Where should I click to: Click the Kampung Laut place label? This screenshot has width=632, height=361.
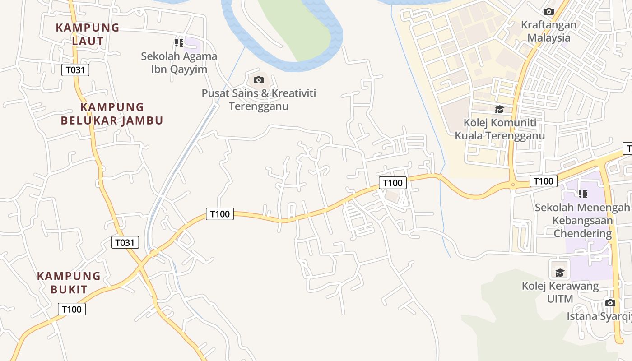88,34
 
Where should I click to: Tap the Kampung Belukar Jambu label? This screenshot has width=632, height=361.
112,114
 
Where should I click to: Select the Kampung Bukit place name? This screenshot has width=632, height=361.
69,282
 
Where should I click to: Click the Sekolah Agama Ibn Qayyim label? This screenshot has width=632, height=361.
179,63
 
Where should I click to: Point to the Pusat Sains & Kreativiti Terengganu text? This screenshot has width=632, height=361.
259,100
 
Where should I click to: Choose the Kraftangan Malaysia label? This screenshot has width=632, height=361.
549,31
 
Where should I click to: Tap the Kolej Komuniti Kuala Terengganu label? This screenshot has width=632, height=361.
500,129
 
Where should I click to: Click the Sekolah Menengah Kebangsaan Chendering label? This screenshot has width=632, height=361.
582,220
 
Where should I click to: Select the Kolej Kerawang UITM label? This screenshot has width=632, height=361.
560,292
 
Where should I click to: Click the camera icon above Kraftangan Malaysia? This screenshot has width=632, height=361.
549,12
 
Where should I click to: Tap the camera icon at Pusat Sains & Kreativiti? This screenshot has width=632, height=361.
259,80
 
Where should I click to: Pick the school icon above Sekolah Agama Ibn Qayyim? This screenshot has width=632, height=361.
179,43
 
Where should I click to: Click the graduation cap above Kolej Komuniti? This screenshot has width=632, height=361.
499,109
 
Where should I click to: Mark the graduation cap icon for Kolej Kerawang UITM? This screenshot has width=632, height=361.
560,272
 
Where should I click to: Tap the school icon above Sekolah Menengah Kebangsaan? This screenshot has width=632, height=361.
583,194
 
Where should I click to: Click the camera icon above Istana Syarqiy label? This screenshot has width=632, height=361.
610,303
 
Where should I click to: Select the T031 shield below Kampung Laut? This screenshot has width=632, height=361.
75,70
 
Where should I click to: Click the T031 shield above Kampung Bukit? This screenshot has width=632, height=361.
125,242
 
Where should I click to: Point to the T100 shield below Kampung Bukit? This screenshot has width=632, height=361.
72,309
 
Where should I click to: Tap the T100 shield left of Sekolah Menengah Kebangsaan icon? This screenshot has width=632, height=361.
543,181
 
